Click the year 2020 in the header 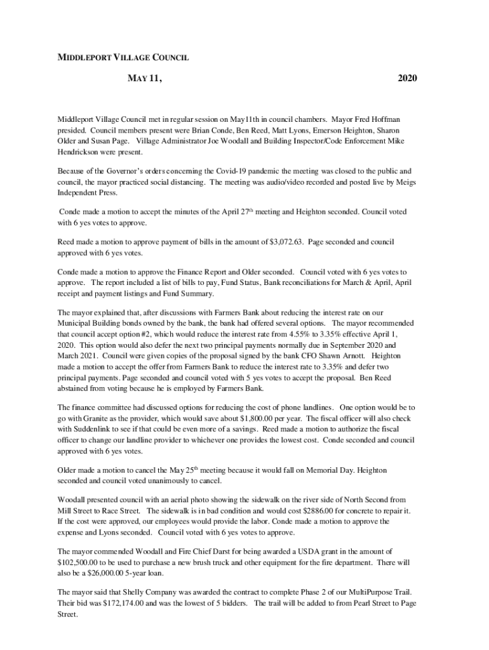click(408, 79)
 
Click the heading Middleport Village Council click(123, 58)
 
